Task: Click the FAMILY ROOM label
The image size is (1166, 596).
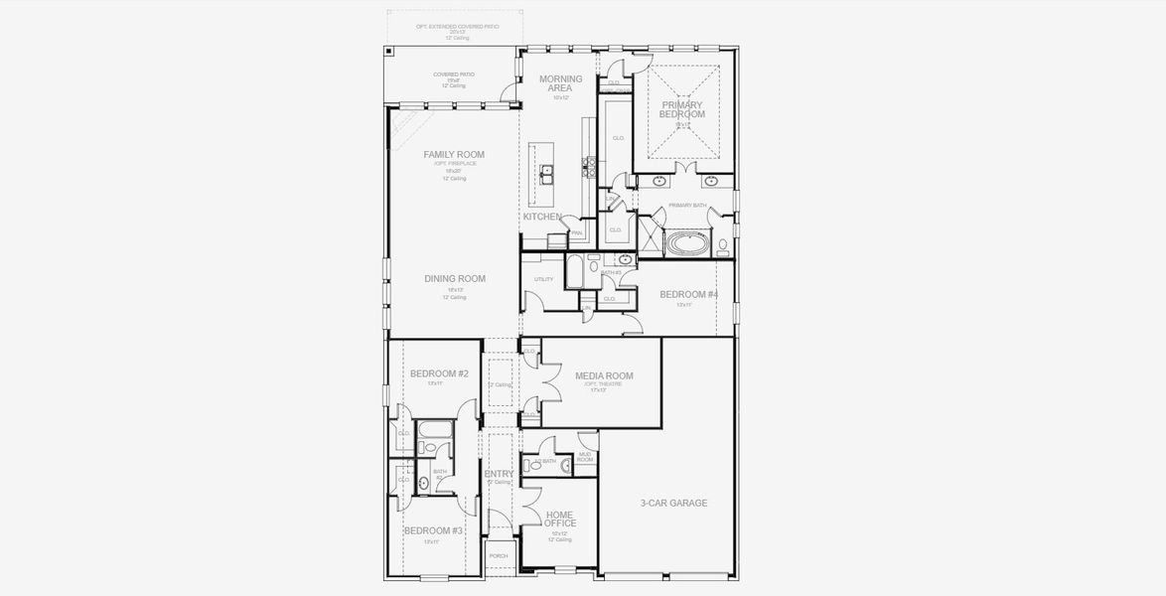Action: (453, 154)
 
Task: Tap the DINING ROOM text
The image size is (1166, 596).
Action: (455, 279)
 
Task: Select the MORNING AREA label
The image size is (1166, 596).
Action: (560, 83)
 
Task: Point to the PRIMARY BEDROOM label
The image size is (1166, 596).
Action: (681, 109)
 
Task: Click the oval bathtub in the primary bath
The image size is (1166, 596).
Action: (684, 242)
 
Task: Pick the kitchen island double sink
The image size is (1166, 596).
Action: (546, 175)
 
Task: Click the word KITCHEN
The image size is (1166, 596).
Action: (542, 217)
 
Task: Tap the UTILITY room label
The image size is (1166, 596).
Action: (542, 280)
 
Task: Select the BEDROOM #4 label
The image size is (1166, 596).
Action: (688, 295)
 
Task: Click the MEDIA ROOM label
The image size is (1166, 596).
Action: (604, 375)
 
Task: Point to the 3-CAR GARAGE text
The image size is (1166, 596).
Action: (673, 504)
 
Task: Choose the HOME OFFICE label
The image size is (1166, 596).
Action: (560, 519)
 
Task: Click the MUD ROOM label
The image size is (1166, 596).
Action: (585, 457)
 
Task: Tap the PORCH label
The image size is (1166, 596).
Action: (499, 556)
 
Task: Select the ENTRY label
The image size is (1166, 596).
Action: (499, 475)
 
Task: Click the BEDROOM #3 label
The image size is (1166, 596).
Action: (433, 530)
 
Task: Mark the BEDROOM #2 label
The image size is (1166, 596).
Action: (439, 373)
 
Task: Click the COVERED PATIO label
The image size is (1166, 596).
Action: (453, 74)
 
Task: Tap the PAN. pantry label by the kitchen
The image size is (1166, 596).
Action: (576, 233)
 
